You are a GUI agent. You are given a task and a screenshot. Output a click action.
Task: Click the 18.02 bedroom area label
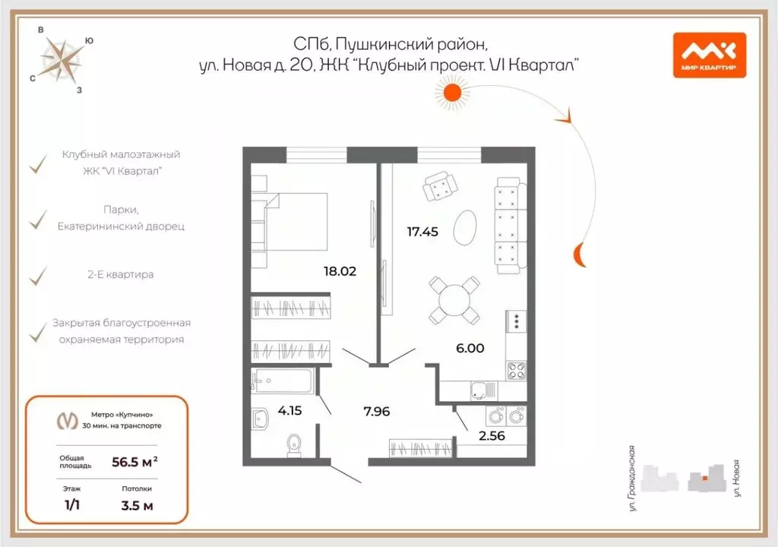340,271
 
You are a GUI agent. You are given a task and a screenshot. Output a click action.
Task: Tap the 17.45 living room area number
422,232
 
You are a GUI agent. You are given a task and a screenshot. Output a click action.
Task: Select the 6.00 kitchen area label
470,348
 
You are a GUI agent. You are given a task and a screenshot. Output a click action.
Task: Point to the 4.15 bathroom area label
289,410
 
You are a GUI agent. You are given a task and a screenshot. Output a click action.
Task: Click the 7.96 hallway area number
377,411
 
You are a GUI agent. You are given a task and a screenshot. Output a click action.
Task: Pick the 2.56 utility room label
492,436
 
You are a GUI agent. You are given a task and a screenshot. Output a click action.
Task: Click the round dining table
454,301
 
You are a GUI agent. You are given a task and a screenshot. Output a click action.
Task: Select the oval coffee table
465,227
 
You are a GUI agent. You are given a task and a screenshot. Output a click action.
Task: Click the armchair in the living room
440,186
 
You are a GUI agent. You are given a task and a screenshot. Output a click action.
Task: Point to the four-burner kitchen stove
516,371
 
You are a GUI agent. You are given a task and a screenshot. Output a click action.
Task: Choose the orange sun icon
452,93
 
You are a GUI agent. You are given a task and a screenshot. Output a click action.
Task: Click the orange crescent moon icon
578,255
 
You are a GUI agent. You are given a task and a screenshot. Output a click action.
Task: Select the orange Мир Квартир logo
710,55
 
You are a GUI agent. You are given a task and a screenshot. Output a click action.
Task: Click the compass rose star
61,61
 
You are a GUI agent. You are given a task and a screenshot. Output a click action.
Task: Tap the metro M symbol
68,421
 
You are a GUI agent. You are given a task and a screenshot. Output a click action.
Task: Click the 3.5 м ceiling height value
137,506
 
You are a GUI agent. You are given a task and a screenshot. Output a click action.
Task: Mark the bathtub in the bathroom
283,381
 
